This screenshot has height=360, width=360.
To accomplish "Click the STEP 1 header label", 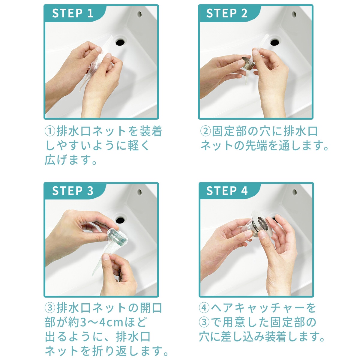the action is tap(73, 13).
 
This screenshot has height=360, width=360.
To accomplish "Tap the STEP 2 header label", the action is tap(227, 13).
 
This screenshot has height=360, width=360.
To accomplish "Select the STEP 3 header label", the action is tap(73, 191).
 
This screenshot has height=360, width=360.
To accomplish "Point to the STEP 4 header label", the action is tap(227, 191).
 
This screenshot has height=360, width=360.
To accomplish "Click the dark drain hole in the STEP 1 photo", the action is tap(120, 42).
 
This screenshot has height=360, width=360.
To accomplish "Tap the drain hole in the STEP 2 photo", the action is tap(274, 42).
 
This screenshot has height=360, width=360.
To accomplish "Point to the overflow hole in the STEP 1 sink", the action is tap(139, 14).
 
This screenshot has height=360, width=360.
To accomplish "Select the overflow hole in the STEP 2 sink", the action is tap(294, 14).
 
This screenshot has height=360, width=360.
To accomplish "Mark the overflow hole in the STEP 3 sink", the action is tap(139, 192).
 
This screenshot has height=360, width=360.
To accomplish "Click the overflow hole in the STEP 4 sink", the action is tap(294, 192).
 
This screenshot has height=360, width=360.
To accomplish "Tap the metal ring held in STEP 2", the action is tap(248, 63).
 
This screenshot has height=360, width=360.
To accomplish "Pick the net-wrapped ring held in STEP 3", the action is tap(117, 238).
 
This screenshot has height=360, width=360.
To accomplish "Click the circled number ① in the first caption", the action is tap(50, 131).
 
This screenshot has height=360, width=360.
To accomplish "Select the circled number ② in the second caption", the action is tap(205, 131).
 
